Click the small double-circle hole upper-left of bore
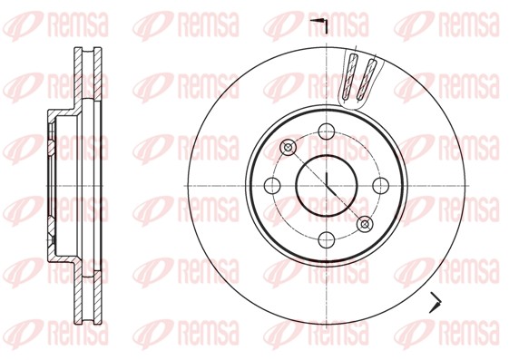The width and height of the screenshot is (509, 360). [289, 147]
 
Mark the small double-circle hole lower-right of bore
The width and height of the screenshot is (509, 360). [365, 223]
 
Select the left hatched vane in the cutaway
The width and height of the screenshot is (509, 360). [350, 79]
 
